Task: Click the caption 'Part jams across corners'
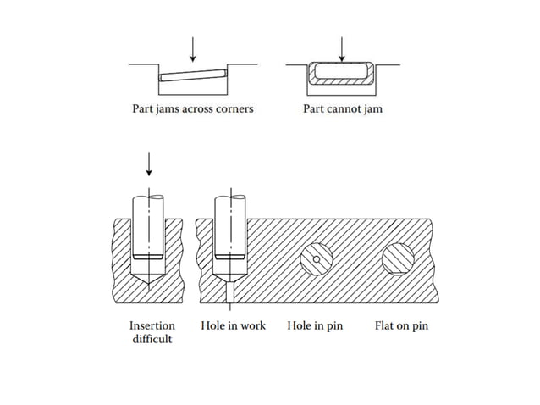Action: pos(192,109)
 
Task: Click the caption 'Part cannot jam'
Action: pos(342,109)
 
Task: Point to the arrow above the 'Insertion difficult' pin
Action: pos(149,164)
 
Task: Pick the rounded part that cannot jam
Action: pos(341,75)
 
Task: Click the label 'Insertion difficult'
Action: pos(152,331)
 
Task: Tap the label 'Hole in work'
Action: pos(233,325)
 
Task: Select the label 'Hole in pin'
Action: pos(315,325)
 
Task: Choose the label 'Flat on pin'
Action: pos(401,325)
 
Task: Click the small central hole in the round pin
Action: pos(315,258)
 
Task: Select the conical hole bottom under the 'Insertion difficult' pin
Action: pos(149,273)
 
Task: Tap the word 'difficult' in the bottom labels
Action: pos(152,339)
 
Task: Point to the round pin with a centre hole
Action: pos(315,258)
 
